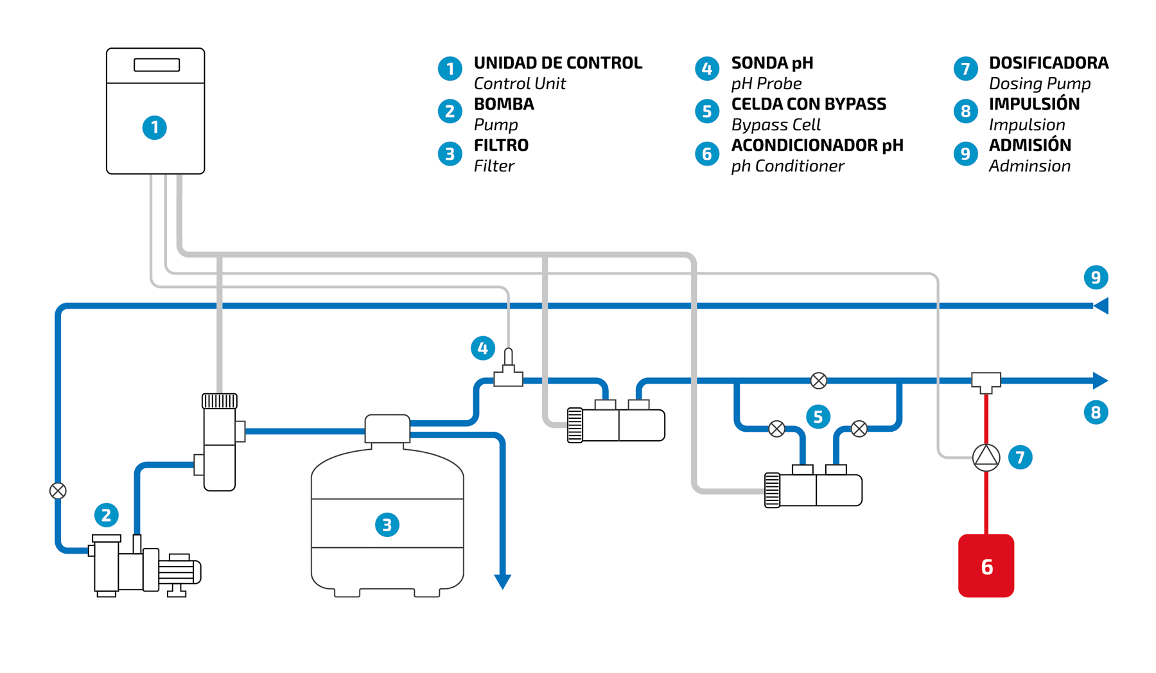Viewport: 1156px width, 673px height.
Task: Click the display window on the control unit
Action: pos(157,65)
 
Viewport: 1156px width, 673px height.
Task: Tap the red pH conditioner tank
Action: pos(986,565)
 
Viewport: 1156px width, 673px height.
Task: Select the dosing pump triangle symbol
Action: pos(986,457)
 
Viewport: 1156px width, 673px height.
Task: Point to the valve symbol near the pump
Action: pos(58,491)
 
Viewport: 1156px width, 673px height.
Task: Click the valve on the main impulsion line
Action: pos(818,380)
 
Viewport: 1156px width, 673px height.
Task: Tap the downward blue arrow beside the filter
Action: pos(502,581)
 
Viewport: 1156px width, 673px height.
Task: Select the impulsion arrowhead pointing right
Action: pos(1100,380)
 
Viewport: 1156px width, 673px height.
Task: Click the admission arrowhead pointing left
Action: pos(1101,305)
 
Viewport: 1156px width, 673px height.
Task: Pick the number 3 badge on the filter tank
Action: pos(387,525)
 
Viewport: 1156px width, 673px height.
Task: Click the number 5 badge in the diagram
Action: pos(818,416)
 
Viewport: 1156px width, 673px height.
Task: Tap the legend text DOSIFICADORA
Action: pos(1049,63)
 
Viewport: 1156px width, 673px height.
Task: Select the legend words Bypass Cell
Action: pos(776,124)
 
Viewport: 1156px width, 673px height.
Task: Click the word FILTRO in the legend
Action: pos(501,145)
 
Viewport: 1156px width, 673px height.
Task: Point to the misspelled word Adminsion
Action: pos(1029,166)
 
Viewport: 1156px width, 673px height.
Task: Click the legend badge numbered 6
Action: pos(707,153)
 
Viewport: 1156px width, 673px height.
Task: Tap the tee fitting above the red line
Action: pos(986,382)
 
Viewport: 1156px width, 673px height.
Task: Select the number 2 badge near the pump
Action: pos(106,515)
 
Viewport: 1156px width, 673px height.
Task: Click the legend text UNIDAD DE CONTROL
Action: pos(558,63)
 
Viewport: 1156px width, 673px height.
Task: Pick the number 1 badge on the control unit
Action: pos(154,128)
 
